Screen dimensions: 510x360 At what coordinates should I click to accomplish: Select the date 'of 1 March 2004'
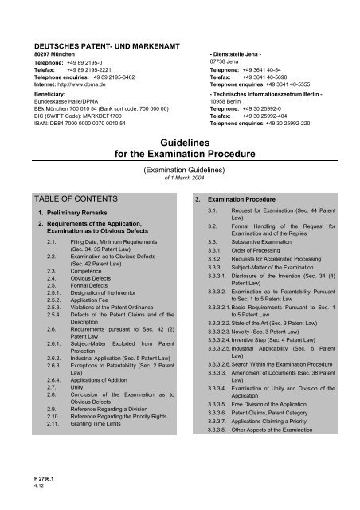[180, 178]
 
